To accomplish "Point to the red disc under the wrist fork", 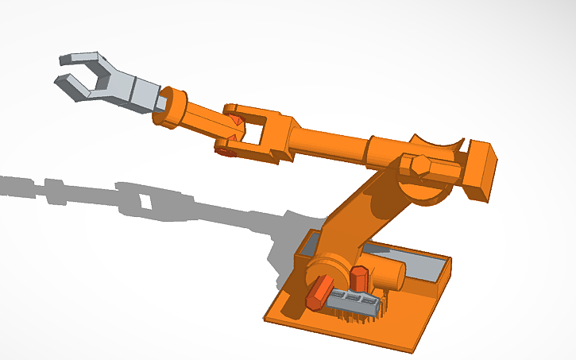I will click(x=224, y=149).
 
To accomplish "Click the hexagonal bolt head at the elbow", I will click(x=417, y=168).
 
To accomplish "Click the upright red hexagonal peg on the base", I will click(x=358, y=279).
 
